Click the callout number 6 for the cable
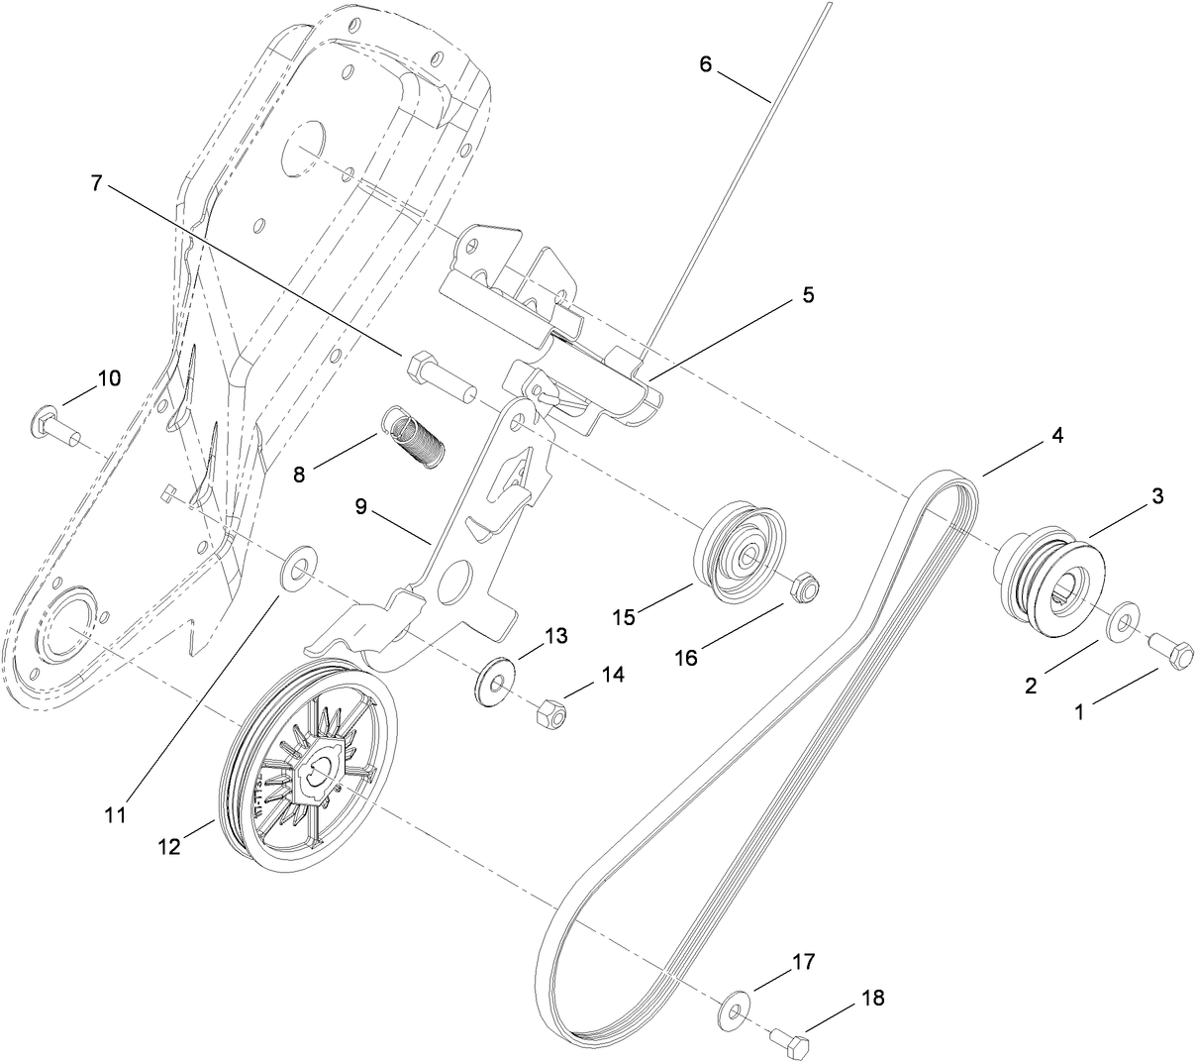(x=705, y=64)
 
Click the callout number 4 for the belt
(x=1058, y=435)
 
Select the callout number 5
(x=808, y=295)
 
